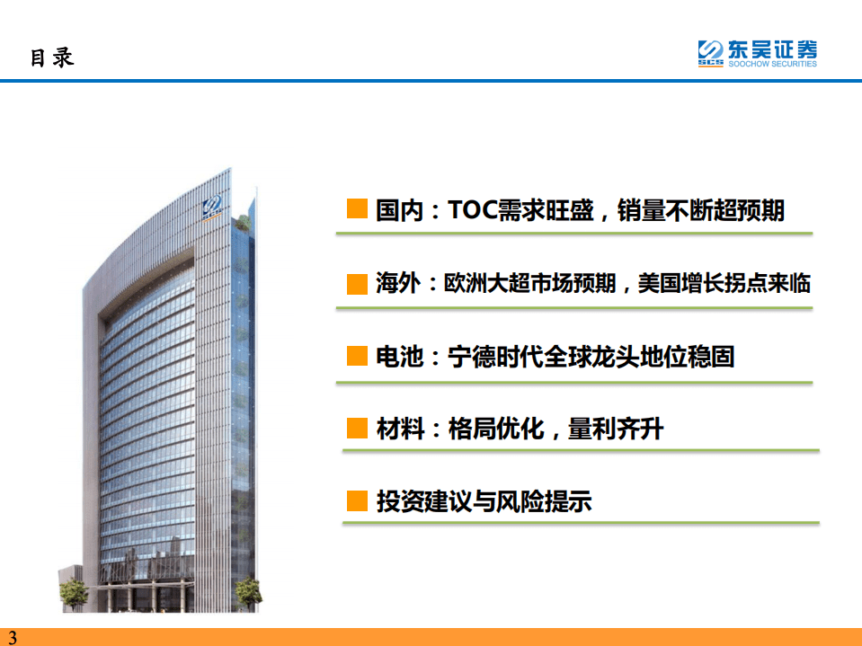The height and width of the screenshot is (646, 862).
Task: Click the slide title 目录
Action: [x=52, y=58]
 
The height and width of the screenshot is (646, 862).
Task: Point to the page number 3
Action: [x=12, y=638]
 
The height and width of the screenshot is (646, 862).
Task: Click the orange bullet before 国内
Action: [x=357, y=210]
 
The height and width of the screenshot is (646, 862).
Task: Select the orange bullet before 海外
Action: [x=357, y=284]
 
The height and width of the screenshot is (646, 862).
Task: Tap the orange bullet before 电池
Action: [x=357, y=357]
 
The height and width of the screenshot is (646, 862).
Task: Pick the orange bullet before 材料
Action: [x=357, y=429]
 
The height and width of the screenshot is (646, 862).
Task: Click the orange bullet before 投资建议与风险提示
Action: [x=357, y=501]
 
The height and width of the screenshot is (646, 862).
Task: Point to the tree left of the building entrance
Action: [x=73, y=592]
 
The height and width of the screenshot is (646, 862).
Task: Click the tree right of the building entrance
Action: [x=246, y=591]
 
